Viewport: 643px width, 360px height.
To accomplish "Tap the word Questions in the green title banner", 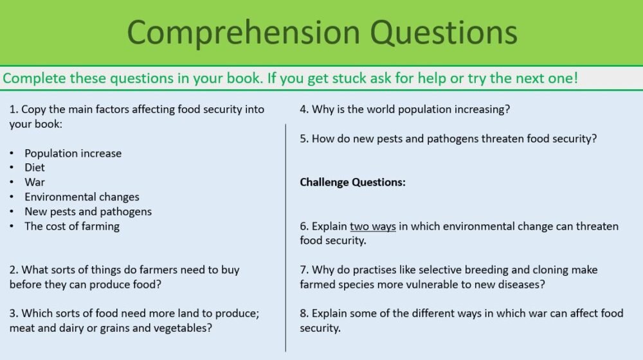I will pos(445,32).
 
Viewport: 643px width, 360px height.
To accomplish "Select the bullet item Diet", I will pos(35,168).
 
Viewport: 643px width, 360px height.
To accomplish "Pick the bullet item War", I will pos(35,183).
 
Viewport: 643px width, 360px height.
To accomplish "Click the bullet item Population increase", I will pos(73,153).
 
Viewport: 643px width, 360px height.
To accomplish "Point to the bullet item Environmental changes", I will pos(82,197).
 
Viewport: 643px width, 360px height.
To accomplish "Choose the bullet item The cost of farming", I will pos(72,226).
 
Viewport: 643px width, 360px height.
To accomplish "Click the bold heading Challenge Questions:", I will pos(352,183).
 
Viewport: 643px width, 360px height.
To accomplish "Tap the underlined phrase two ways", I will pos(372,226).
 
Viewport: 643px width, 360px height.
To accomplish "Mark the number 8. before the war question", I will pos(304,314).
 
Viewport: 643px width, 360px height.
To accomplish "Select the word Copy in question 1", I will pos(33,109).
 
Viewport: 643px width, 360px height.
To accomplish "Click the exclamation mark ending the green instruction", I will pos(575,79).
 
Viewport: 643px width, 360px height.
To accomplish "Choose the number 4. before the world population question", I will pos(304,109).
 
